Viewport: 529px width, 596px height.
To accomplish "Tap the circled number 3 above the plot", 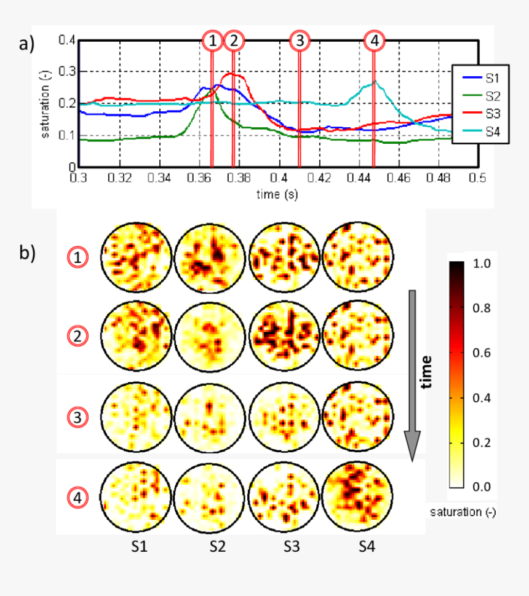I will (x=300, y=41).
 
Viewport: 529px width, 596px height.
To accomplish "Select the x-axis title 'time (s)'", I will (x=277, y=194).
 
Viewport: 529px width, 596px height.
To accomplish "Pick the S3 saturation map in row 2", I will (x=285, y=335).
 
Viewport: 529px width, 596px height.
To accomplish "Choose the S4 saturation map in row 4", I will (x=358, y=496).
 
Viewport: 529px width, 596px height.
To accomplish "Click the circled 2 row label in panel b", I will (x=78, y=337).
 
